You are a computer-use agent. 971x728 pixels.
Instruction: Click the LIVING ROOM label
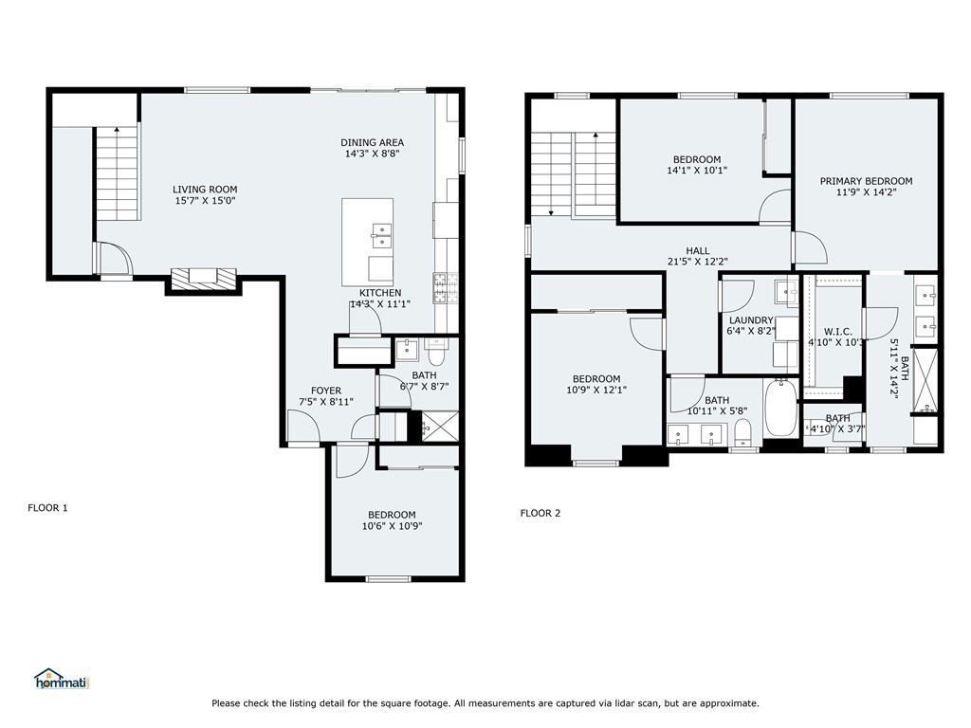(205, 190)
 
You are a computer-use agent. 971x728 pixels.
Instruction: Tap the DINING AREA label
(372, 142)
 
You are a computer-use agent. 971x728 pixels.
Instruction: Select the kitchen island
(368, 242)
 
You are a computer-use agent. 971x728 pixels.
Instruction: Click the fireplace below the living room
(204, 278)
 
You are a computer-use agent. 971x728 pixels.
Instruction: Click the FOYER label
(326, 391)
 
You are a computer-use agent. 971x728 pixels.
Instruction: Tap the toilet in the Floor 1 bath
(435, 353)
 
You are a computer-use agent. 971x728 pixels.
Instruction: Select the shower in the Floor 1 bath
(440, 427)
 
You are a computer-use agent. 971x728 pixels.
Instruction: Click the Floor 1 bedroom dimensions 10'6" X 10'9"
(392, 526)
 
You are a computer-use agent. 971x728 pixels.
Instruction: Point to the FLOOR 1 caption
(47, 508)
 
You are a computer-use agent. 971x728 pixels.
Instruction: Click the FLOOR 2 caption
(540, 513)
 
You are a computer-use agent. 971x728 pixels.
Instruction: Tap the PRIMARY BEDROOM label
(866, 181)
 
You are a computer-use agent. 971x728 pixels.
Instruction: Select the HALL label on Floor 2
(697, 250)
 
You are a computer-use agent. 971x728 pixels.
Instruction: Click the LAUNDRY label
(751, 320)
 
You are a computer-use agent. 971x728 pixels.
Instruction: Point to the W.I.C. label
(838, 331)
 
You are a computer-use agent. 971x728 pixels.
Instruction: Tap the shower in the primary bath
(925, 382)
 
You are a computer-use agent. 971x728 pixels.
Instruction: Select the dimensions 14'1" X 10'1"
(697, 171)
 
